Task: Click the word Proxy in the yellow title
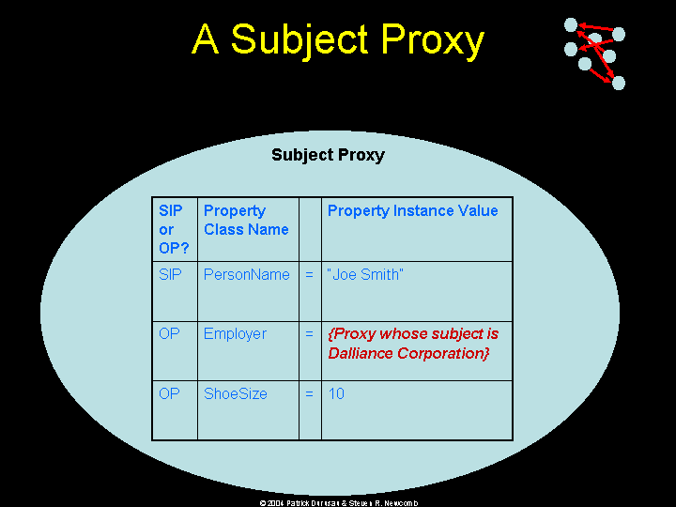click(433, 40)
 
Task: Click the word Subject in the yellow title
click(300, 38)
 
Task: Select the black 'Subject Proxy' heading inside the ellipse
click(328, 155)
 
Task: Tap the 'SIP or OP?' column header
click(174, 229)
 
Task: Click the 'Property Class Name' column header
click(246, 220)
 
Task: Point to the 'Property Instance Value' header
click(412, 211)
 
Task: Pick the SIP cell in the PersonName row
click(170, 274)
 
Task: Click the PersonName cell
click(247, 274)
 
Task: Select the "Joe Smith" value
click(365, 274)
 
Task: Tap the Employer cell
click(235, 333)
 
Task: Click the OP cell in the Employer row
click(169, 333)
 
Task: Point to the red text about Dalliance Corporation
click(413, 344)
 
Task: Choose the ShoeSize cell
click(236, 393)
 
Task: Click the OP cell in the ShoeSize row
click(169, 393)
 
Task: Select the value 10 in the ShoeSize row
click(336, 393)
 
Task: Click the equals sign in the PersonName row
click(309, 274)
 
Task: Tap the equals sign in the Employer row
click(309, 333)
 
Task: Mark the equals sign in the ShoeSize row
click(309, 393)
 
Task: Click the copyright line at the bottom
click(338, 502)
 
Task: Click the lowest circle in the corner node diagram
click(618, 83)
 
